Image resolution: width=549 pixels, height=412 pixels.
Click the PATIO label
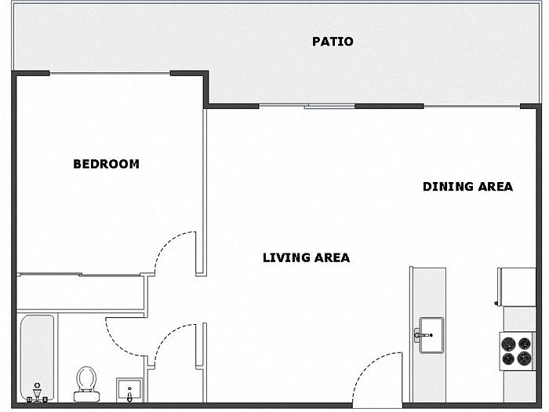click(x=333, y=42)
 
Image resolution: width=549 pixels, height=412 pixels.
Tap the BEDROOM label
click(x=106, y=164)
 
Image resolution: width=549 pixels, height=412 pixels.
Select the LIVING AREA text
click(x=307, y=258)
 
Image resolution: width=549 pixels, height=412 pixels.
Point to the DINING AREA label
click(x=467, y=187)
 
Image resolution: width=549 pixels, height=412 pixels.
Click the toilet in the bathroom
click(x=86, y=384)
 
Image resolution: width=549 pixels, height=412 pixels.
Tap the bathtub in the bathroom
click(x=37, y=358)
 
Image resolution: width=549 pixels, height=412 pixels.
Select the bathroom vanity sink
click(x=129, y=390)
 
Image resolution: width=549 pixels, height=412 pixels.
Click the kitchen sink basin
click(x=431, y=335)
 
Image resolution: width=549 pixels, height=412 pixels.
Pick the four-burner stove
click(x=517, y=351)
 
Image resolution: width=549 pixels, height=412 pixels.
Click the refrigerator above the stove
click(x=517, y=287)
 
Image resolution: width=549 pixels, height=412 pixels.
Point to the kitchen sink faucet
click(x=423, y=335)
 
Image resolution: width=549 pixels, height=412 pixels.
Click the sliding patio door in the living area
click(x=329, y=106)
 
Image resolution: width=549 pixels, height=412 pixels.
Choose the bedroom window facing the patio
click(x=110, y=73)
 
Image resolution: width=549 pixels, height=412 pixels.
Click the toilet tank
click(x=86, y=396)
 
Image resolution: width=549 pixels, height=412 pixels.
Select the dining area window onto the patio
click(x=472, y=106)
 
